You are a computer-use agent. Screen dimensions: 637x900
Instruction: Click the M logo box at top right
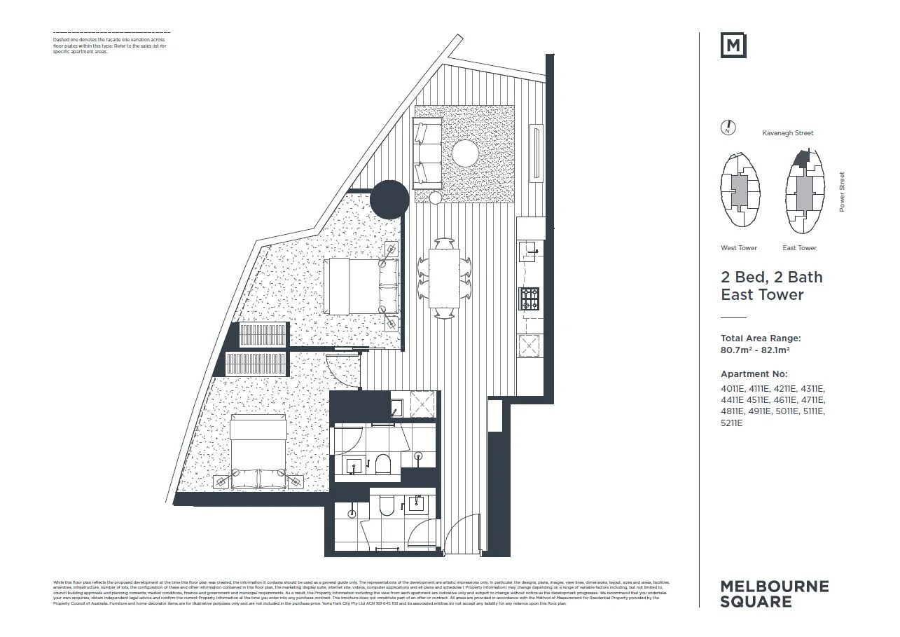coord(733,46)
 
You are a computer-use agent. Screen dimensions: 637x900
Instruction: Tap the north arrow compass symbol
coord(728,128)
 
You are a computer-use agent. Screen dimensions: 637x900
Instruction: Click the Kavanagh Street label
coord(788,132)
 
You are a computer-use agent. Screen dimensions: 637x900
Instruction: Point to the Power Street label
coord(842,192)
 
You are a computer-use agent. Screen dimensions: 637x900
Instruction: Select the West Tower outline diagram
coord(739,190)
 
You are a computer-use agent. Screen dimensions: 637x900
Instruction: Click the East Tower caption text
coord(799,248)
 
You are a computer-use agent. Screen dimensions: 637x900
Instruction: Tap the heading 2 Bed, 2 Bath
coord(772,278)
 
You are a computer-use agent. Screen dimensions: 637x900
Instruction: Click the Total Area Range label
coord(761,338)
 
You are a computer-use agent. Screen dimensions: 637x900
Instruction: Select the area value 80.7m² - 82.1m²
coord(756,350)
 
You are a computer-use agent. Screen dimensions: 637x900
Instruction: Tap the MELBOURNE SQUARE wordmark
coord(774,594)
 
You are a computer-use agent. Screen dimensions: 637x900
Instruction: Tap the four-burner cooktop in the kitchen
coord(529,299)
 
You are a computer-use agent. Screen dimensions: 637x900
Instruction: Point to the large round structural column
coord(389,200)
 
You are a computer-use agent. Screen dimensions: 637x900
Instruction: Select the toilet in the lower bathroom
coord(387,506)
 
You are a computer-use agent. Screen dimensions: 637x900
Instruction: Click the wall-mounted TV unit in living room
coord(536,153)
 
